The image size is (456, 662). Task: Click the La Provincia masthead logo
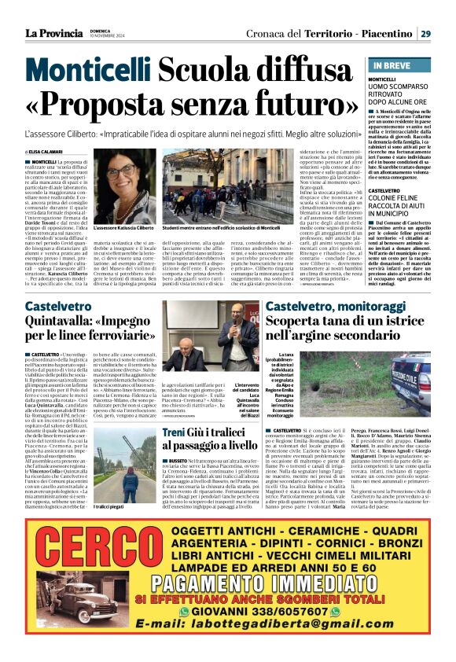(56, 32)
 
